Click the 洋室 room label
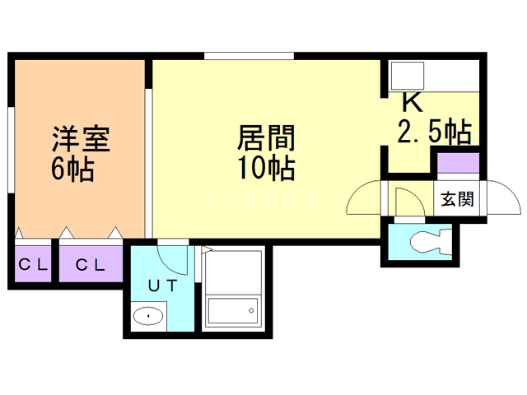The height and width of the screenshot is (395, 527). (81, 139)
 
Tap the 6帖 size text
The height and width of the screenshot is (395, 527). (72, 169)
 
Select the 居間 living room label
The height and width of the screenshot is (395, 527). (266, 137)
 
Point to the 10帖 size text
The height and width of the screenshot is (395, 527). (266, 168)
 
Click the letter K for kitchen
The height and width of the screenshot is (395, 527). (412, 102)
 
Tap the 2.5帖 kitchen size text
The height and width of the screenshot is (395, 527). (434, 132)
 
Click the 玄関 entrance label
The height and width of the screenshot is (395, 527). (457, 199)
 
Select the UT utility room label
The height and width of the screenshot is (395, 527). (163, 286)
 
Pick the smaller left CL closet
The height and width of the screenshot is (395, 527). (33, 264)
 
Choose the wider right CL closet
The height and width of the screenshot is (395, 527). (91, 264)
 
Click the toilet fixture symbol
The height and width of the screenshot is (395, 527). (431, 242)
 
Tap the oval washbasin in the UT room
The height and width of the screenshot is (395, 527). (148, 316)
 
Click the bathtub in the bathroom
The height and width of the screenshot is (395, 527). (233, 310)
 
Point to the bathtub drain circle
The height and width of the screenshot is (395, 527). (251, 310)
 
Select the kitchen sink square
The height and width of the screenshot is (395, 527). (406, 76)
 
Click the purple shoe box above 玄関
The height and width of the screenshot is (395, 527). (458, 163)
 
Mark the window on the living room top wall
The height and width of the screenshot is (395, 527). (249, 56)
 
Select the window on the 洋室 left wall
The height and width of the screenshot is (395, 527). (11, 150)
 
